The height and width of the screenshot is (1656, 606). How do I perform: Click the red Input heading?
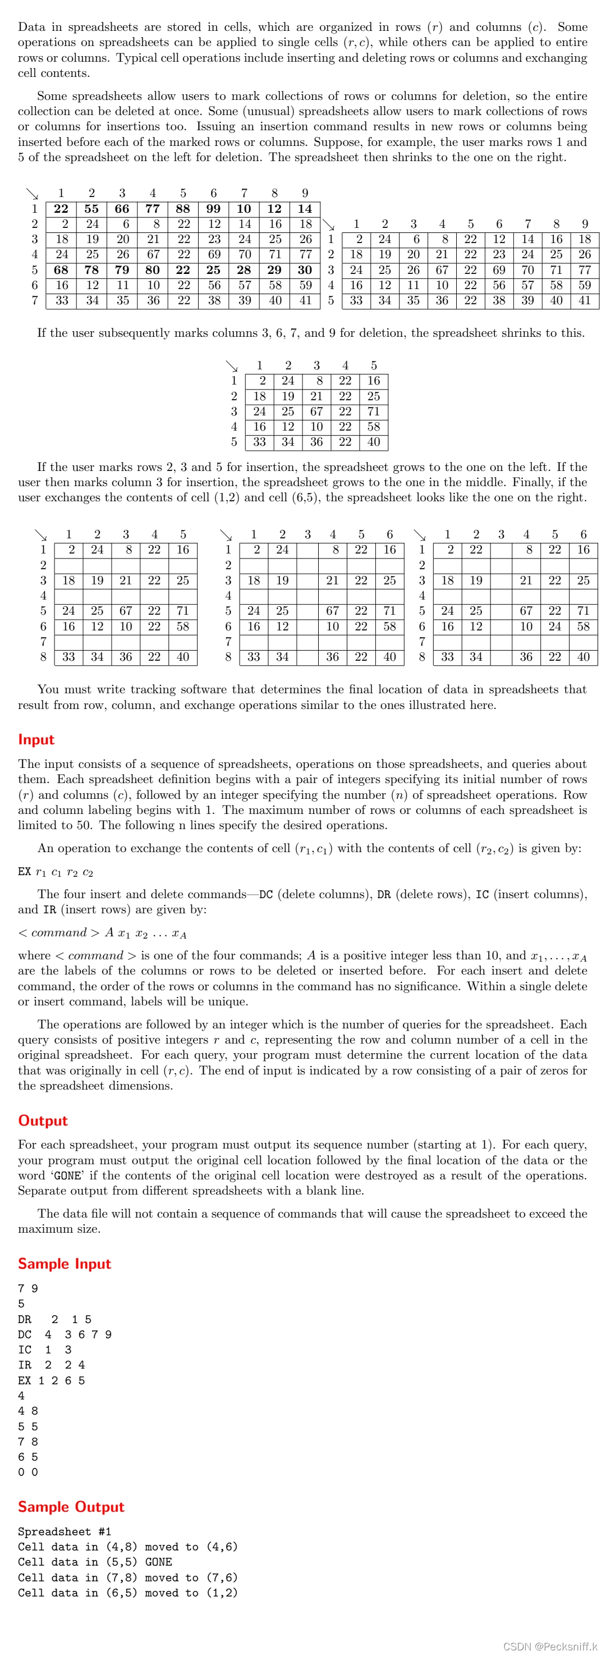coord(36,739)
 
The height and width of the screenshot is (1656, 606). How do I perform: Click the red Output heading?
coord(43,1120)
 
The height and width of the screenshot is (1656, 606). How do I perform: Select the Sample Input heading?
coord(65,1264)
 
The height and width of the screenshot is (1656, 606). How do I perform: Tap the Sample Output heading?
coord(71,1507)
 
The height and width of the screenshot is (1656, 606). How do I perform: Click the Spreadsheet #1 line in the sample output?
coord(65,1532)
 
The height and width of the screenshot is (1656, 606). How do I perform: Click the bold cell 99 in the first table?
coord(213,209)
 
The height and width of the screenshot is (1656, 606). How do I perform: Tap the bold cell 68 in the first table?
coord(61,270)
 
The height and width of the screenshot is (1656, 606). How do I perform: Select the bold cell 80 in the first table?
coord(152,270)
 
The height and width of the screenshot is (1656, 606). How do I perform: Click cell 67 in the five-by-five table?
coord(316,411)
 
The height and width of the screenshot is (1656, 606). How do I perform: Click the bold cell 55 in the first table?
coord(91,209)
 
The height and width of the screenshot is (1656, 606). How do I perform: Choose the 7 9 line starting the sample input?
coord(27,1288)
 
